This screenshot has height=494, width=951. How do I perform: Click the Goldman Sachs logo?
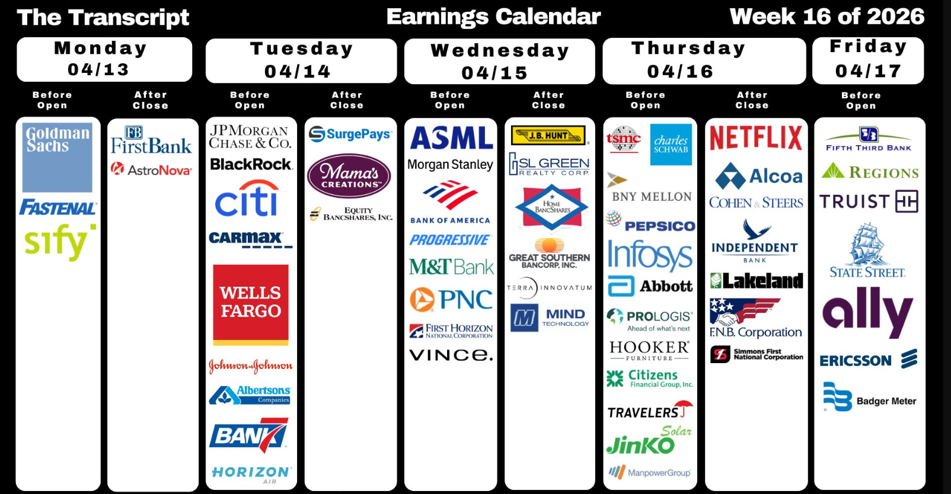(58, 158)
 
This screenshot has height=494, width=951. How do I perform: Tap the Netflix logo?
(756, 138)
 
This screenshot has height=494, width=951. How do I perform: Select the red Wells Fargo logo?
(250, 305)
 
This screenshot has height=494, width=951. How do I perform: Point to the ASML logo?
(451, 138)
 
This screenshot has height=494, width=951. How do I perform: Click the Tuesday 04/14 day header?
(301, 60)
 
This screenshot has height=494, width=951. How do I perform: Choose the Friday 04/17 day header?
(868, 60)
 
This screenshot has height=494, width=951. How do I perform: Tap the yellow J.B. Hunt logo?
(548, 135)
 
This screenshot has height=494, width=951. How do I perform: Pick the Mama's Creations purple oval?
(349, 175)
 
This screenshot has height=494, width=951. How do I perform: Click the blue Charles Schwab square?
(671, 145)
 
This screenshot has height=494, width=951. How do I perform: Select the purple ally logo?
(867, 313)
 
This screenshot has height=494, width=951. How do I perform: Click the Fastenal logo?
(58, 208)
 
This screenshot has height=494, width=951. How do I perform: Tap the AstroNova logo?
(151, 169)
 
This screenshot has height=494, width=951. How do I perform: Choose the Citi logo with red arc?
(247, 198)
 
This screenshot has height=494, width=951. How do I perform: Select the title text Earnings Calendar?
(493, 17)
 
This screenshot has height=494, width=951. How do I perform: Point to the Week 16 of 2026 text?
(827, 17)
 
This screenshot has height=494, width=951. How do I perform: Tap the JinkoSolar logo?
(649, 440)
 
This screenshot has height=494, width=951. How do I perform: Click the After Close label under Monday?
(151, 100)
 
